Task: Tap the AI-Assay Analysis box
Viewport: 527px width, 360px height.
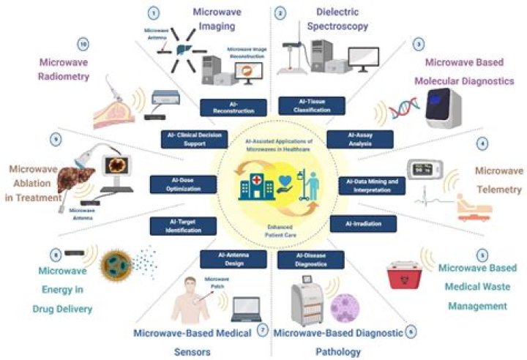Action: point(359,139)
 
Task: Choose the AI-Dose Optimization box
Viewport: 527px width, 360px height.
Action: point(179,184)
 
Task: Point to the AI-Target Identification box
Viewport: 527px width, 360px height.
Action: point(179,225)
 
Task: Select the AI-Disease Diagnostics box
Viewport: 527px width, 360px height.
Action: point(304,258)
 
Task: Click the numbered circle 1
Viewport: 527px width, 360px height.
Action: point(154,12)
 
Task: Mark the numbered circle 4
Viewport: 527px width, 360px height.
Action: point(482,143)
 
